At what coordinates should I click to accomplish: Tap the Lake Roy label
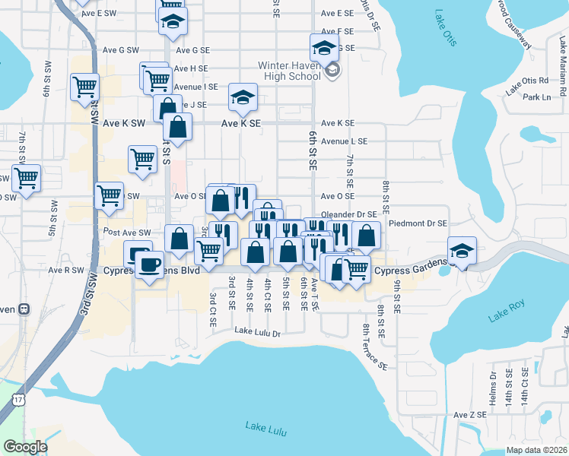[507, 312]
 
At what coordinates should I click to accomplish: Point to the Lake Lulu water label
[265, 428]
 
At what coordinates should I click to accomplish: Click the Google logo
[25, 447]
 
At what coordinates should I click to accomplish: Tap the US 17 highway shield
[19, 399]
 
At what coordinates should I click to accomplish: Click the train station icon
[24, 309]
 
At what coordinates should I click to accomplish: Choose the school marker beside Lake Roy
[462, 251]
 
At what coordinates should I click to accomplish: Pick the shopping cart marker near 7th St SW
[27, 179]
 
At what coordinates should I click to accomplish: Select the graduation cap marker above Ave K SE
[243, 97]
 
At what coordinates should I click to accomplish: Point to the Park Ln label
[536, 97]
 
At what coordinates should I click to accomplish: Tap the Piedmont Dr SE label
[418, 223]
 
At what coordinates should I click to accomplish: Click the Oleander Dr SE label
[349, 215]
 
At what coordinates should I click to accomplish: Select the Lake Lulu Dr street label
[258, 332]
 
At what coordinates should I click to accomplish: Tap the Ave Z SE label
[469, 415]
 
